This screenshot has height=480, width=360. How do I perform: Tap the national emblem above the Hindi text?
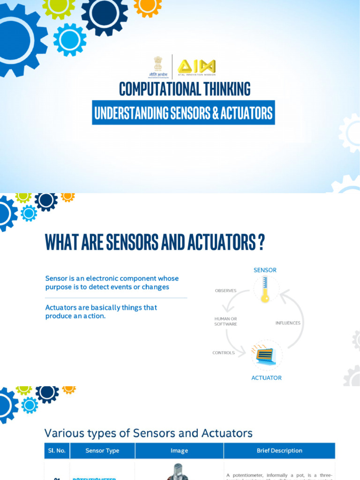coord(158,62)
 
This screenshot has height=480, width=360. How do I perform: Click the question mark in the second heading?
coord(261,242)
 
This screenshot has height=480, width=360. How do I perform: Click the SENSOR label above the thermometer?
coord(265,270)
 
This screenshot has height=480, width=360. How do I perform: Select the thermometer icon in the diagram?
coord(265,289)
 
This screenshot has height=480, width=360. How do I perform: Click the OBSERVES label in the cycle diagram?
coord(225,291)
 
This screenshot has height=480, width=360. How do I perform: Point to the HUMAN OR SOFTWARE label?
coord(225,322)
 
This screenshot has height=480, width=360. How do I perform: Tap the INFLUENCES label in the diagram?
coord(288,323)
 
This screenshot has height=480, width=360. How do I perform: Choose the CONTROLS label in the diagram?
coord(224,353)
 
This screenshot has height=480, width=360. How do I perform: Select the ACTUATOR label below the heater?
coord(266,377)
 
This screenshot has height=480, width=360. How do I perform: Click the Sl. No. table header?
coord(57,450)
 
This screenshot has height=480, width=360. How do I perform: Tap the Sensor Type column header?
coord(102,450)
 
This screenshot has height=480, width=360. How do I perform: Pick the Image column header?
coord(179,450)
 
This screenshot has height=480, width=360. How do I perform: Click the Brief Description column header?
coord(279,450)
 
